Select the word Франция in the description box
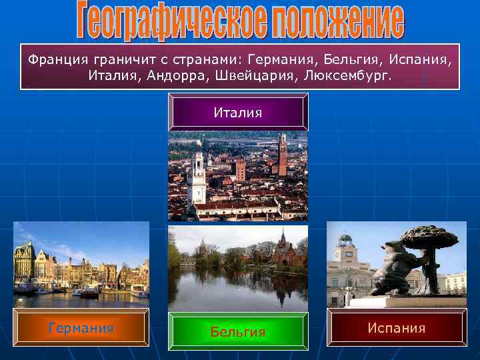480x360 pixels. click(53, 60)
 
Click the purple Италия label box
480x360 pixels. click(238, 113)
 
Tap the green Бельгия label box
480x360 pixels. click(238, 331)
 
